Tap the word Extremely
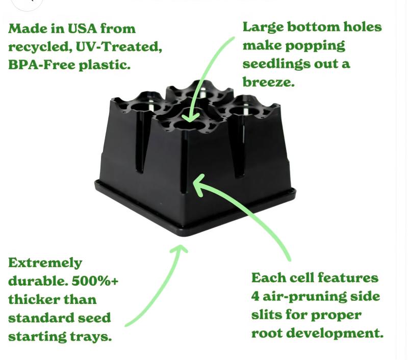(x=45, y=263)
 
